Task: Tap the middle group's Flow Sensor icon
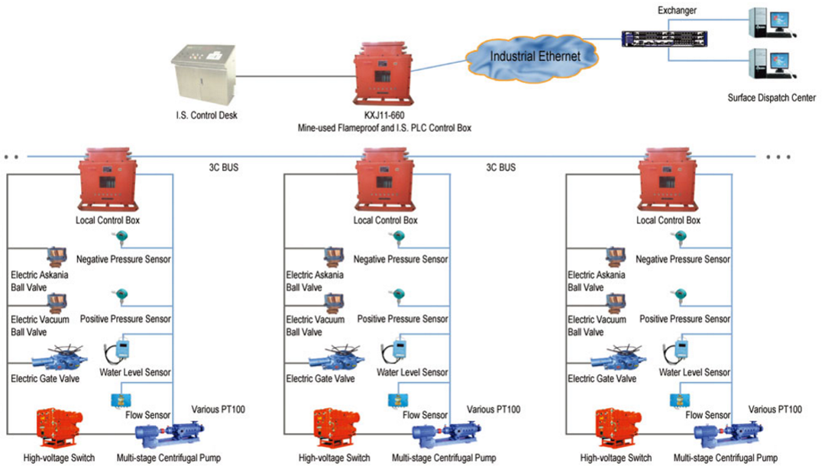pos(396,400)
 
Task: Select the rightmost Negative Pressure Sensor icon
pos(678,239)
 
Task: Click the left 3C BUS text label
pos(225,165)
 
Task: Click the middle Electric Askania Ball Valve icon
pos(335,256)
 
